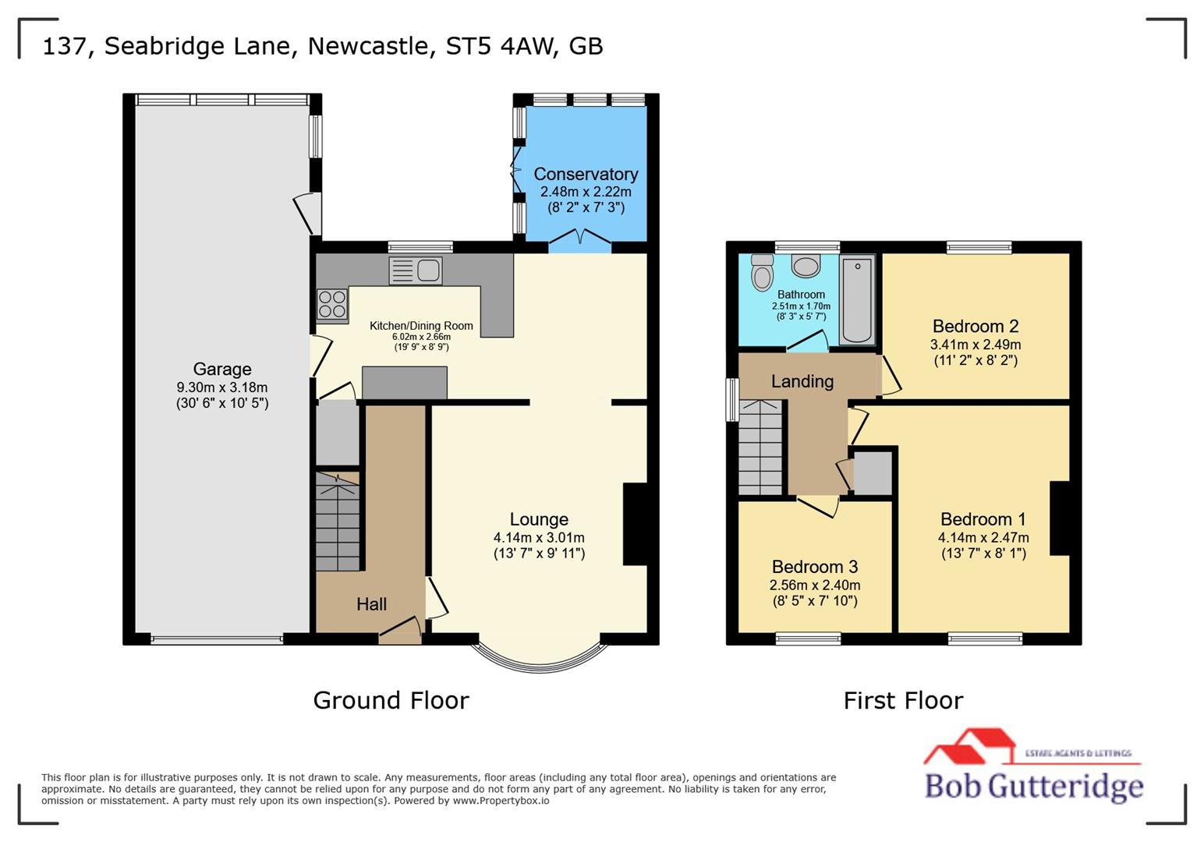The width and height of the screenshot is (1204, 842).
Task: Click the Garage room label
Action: (x=222, y=370)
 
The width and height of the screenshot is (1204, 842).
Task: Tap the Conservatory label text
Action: (x=586, y=175)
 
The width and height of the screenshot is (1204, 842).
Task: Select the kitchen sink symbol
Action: (x=416, y=271)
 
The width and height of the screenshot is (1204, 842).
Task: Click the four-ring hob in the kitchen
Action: (x=332, y=305)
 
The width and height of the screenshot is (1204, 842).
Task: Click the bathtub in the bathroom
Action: (x=857, y=300)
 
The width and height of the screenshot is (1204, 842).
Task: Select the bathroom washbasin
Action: (x=806, y=266)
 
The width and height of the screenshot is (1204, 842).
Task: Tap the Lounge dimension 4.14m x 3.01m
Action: (x=539, y=537)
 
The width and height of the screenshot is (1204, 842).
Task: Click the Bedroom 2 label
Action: (x=976, y=327)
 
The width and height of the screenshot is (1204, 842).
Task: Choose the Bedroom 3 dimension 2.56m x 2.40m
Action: (x=815, y=586)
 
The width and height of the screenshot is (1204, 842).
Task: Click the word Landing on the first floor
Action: (x=802, y=381)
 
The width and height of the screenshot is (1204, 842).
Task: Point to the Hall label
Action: (x=372, y=604)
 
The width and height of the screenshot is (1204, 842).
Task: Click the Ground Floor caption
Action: (x=391, y=700)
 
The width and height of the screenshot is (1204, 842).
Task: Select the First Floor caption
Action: (x=903, y=700)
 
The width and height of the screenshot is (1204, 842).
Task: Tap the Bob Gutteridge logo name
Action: (x=1034, y=786)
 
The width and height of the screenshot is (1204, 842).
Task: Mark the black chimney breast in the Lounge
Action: (x=635, y=524)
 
